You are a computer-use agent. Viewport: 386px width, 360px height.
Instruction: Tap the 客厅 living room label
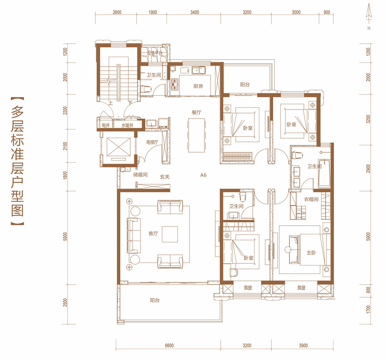[x=153, y=233]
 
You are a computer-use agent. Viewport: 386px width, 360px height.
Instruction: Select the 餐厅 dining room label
[x=197, y=112]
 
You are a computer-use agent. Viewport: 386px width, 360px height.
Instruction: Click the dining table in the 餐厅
[x=197, y=135]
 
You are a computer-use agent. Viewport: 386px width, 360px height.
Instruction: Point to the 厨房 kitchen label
[x=198, y=86]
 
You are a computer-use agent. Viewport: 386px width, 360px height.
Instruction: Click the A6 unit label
[x=203, y=175]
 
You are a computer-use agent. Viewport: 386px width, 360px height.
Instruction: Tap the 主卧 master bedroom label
[x=311, y=253]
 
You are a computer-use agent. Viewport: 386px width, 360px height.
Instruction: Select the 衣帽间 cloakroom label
[x=311, y=199]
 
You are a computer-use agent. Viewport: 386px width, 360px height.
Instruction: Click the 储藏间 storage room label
[x=140, y=175]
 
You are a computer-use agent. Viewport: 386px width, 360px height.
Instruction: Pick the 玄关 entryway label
[x=165, y=177]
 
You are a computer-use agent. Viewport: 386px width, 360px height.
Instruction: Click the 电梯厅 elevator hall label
[x=152, y=142]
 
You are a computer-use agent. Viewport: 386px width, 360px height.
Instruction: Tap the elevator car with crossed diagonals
[x=118, y=147]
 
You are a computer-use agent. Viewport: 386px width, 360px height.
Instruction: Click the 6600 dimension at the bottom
[x=169, y=345]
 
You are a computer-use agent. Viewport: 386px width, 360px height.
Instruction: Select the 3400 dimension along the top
[x=194, y=12]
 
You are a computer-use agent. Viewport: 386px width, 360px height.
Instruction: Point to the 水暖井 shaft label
[x=127, y=125]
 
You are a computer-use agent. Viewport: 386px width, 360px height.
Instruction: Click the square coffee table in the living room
[x=170, y=234]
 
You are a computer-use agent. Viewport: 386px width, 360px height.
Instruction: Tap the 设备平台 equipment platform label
[x=155, y=53]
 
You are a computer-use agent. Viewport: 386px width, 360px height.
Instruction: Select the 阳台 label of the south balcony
[x=155, y=300]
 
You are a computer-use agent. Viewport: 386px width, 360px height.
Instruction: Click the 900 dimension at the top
[x=327, y=12]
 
